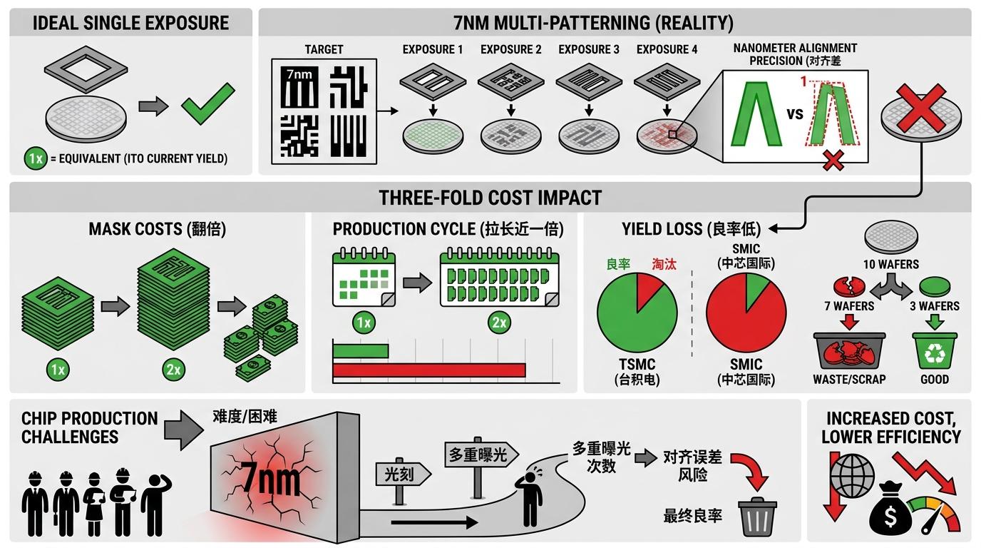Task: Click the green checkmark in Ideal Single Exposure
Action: point(207,104)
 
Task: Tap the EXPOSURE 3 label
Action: point(588,49)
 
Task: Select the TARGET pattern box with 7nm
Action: point(324,111)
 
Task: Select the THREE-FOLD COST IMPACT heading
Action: point(490,197)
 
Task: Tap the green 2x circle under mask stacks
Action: point(173,370)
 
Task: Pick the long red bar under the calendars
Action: point(428,370)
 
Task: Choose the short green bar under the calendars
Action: point(361,351)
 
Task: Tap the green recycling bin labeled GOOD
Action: point(934,350)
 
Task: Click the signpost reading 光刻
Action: point(403,473)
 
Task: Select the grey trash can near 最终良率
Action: point(757,517)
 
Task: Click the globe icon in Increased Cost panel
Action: point(853,473)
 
